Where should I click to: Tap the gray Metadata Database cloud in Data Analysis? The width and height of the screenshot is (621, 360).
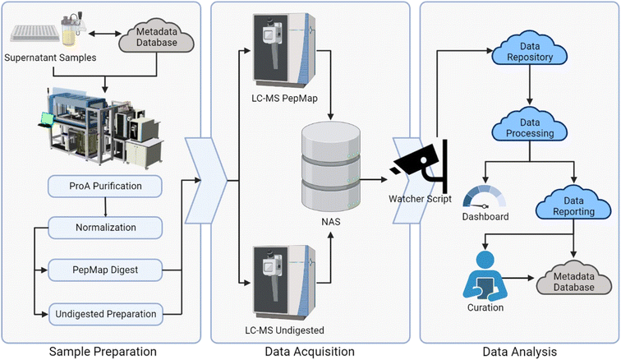coord(573,279)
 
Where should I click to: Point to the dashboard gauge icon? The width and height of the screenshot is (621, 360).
coord(482,196)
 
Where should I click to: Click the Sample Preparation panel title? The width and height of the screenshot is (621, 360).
coord(102,351)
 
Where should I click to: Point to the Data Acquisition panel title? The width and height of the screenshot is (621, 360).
coord(311,351)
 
